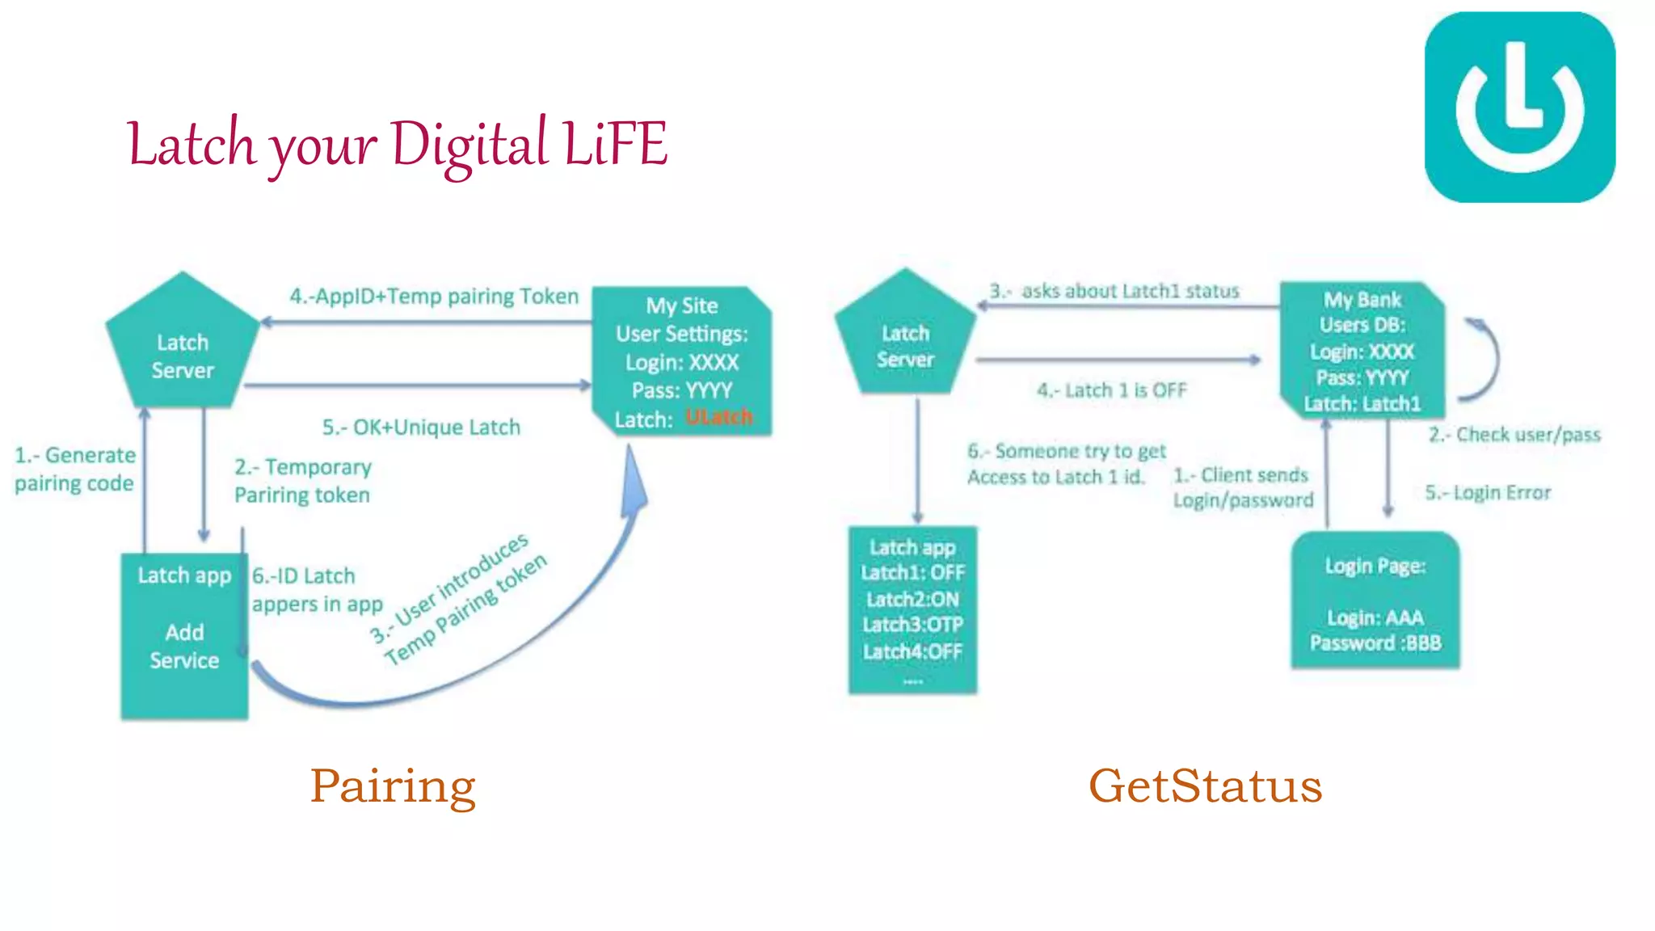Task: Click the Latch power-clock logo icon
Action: coord(1519,107)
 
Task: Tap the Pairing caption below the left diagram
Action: coord(393,786)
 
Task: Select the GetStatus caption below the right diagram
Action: coord(1205,786)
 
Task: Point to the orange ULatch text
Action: coord(718,418)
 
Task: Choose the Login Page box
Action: coord(1375,601)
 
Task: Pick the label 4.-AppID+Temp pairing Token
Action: coord(434,297)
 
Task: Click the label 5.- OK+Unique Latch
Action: coord(421,428)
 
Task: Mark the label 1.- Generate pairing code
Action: coord(74,469)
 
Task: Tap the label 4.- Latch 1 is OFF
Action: coord(1112,390)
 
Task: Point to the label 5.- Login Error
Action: coord(1488,493)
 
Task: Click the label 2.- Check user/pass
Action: coord(1514,435)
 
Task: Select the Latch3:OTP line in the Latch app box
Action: coord(912,625)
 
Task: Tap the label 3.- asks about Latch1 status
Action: coord(1114,291)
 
